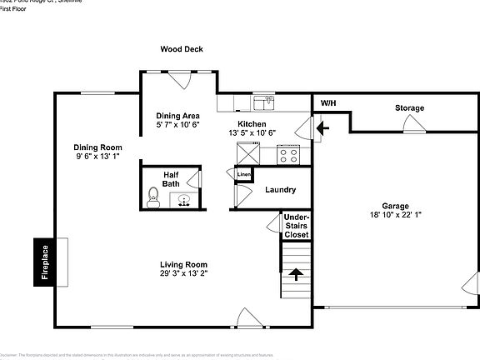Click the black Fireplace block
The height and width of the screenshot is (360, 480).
click(x=41, y=262)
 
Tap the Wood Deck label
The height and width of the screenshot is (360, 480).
click(x=182, y=50)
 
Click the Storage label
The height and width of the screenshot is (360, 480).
click(x=409, y=108)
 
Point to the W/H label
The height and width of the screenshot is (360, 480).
click(x=329, y=103)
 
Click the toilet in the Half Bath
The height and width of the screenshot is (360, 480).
click(x=153, y=196)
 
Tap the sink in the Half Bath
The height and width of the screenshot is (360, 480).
click(x=184, y=199)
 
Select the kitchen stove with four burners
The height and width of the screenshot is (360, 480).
click(x=289, y=154)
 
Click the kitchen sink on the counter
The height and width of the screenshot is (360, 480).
click(x=265, y=103)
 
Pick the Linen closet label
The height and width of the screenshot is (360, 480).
click(x=244, y=174)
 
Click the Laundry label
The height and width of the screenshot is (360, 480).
click(x=280, y=190)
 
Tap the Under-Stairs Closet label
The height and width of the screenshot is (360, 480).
click(x=296, y=225)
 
